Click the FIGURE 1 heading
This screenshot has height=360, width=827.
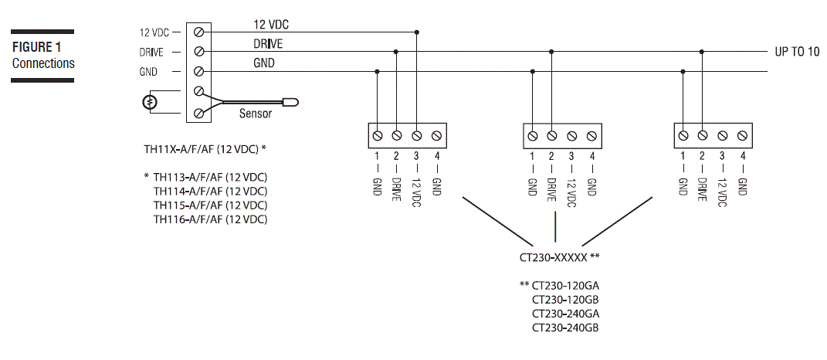coord(36,47)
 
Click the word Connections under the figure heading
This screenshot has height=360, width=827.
coord(43,63)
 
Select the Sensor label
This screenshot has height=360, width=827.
coord(255,114)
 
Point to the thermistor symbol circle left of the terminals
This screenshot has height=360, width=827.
coord(151,102)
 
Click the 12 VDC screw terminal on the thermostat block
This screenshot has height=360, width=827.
coord(199,32)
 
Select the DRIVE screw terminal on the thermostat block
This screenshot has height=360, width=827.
coord(199,52)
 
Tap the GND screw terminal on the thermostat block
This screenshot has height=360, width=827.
coord(199,72)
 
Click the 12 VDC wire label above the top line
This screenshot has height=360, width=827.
coord(271,24)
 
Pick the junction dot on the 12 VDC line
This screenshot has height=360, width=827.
coord(417,32)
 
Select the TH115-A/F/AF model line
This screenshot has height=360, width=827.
coord(210,205)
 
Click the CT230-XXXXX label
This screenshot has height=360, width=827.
coord(554,256)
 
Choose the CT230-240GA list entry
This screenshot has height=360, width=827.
coord(565,314)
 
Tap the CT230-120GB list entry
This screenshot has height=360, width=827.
coord(565,299)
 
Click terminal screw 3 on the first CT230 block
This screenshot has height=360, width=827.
coord(417,135)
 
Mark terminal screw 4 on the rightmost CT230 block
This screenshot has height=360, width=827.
coord(742,135)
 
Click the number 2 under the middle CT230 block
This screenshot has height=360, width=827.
coord(551,156)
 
